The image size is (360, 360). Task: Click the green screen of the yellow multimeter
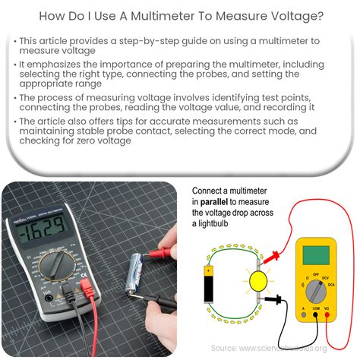pyautogui.click(x=315, y=254)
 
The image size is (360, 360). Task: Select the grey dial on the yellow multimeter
pyautogui.click(x=315, y=289)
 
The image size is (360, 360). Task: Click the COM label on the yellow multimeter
pyautogui.click(x=316, y=321)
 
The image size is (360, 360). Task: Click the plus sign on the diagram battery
pyautogui.click(x=207, y=270)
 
